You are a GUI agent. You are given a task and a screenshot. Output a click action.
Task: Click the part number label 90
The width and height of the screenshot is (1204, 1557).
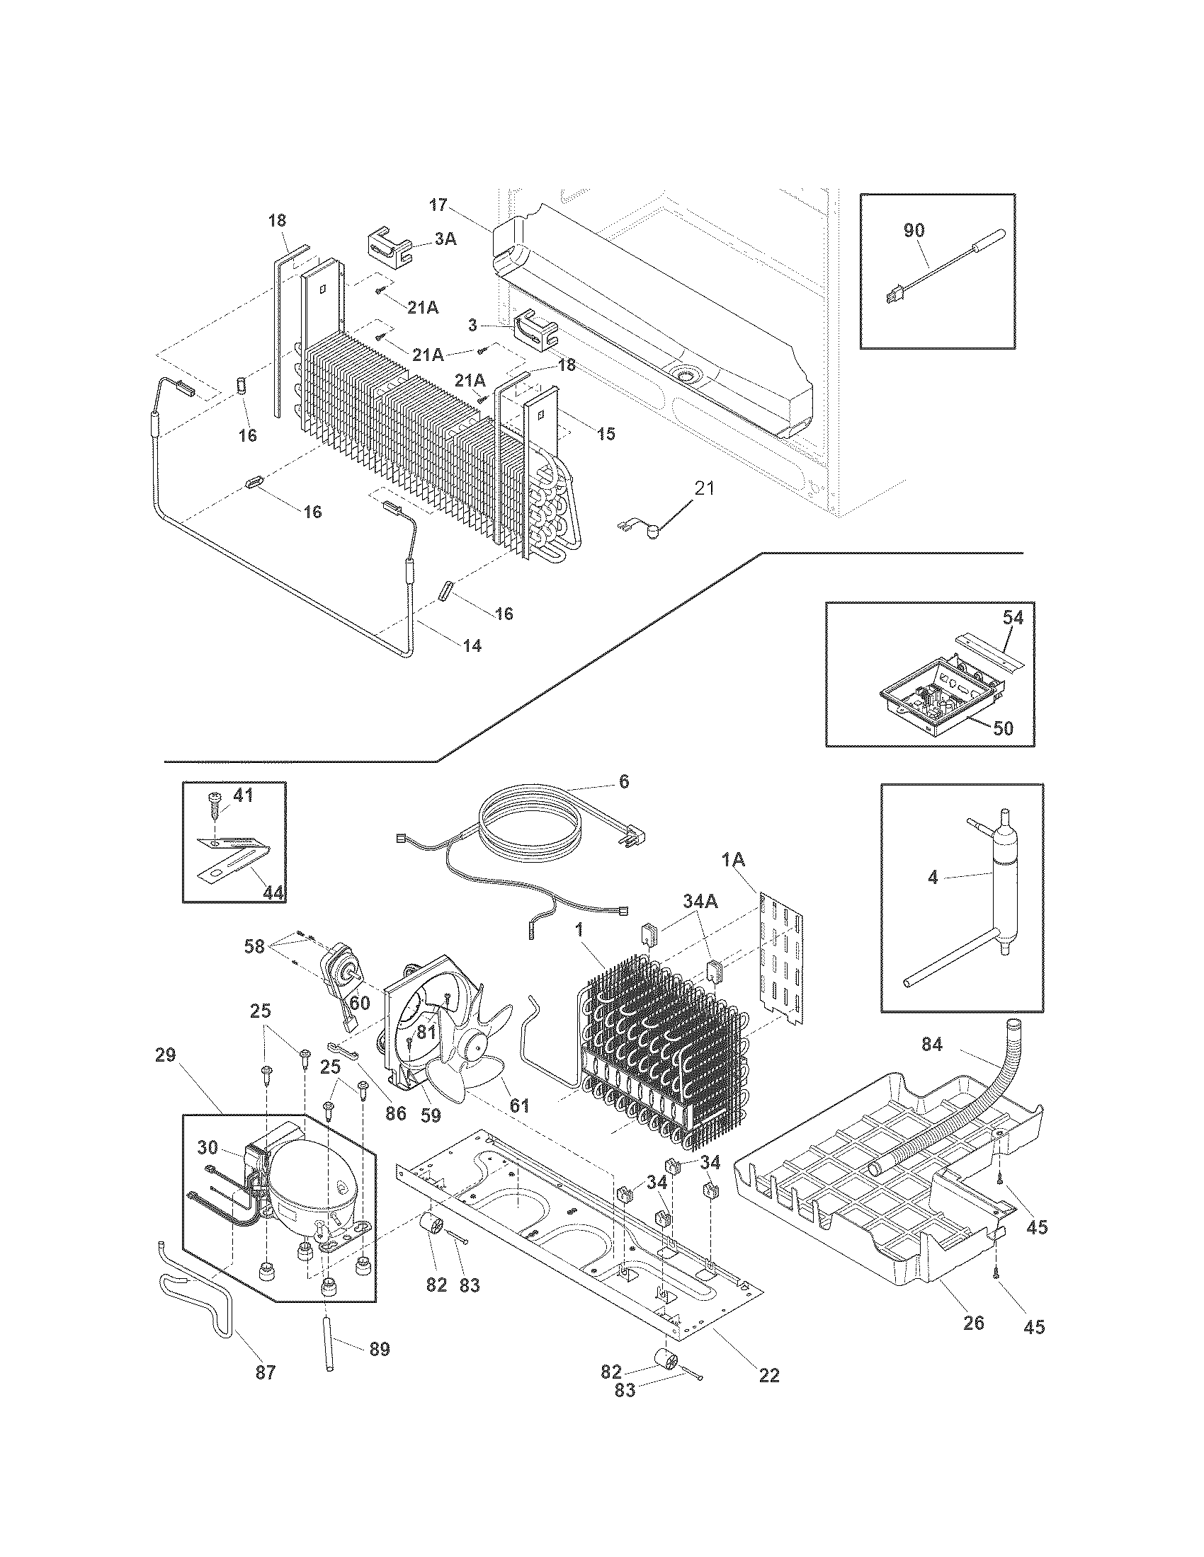914,231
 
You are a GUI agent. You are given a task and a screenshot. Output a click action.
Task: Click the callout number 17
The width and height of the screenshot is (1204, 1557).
438,206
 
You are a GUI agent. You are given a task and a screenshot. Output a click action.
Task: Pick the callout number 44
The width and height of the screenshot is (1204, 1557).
272,891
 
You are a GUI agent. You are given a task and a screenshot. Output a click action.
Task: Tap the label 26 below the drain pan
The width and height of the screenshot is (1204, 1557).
973,1323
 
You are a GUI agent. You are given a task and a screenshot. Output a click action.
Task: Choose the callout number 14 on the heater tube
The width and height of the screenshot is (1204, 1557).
472,646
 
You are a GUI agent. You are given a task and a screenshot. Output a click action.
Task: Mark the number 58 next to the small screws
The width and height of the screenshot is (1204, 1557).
255,947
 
